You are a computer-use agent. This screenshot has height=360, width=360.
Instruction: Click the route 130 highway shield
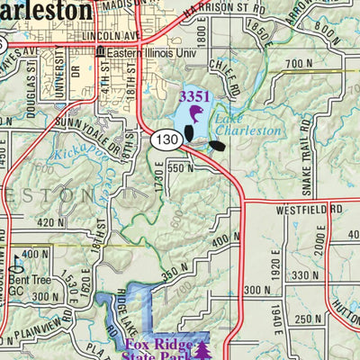166,139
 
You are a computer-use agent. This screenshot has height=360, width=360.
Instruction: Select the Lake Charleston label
247,123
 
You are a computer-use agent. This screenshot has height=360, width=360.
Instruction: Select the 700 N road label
296,64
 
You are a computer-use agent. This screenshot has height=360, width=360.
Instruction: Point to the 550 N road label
180,168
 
